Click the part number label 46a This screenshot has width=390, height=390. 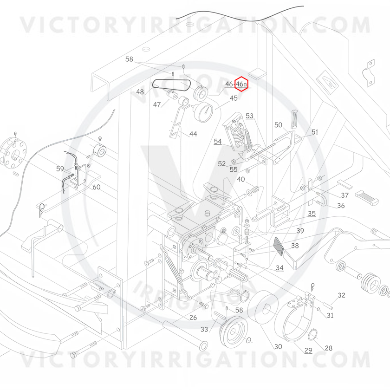pos(241,84)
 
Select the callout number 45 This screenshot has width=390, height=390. pos(234,98)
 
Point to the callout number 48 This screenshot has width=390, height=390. pos(140,92)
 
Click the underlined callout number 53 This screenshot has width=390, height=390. pos(249,116)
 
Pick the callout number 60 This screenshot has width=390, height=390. pos(97,187)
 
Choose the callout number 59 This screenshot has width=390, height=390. pos(60,169)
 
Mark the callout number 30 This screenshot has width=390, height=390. pos(278,346)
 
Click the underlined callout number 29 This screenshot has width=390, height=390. pos(308,351)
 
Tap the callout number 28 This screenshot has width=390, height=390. pos(329,348)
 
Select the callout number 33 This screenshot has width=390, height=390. pos(204,329)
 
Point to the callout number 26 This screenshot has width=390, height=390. pos(193,318)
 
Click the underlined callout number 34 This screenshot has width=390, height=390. pos(279,268)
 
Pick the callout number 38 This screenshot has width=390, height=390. pos(295,246)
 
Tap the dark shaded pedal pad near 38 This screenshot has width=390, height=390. pos(278,246)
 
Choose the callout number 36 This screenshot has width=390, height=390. pos(341,206)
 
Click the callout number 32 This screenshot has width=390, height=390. pos(342,295)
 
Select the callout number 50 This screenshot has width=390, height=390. pos(278,125)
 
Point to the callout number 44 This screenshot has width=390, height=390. pos(193,134)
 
